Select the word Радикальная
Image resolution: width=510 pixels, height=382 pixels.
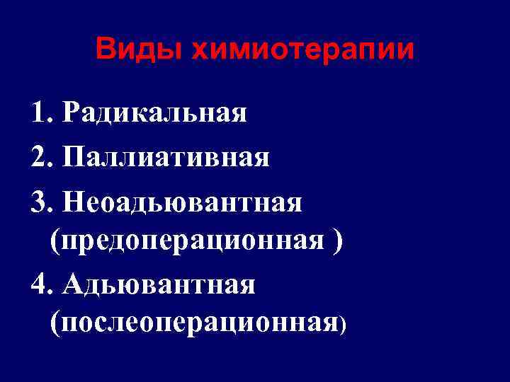[154, 112]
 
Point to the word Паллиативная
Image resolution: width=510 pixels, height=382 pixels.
[166, 157]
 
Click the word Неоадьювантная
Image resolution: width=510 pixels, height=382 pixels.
[182, 203]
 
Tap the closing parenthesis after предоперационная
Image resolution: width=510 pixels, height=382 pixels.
[337, 241]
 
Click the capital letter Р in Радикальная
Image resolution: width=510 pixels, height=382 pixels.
[71, 112]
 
